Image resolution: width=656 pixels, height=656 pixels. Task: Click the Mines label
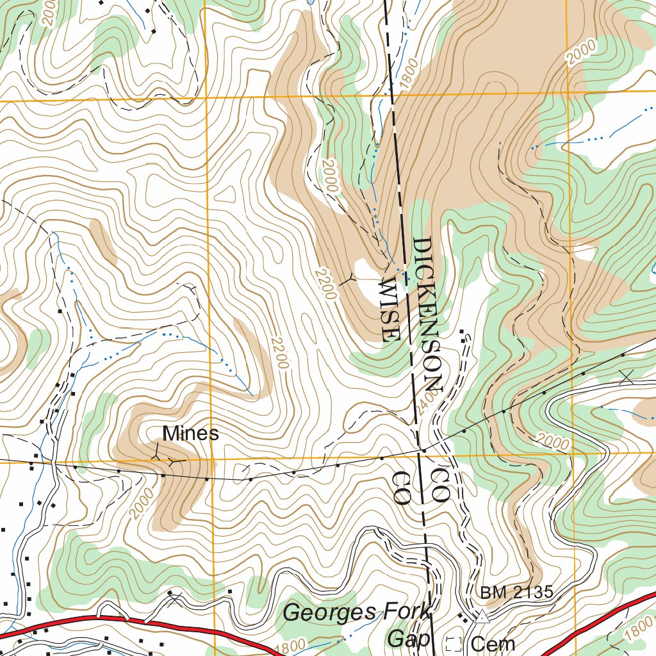click(190, 434)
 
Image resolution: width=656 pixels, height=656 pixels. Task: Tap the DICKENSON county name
click(427, 314)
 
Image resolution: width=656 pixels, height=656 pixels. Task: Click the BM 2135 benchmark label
click(516, 593)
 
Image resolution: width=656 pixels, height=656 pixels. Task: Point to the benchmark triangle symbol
click(481, 617)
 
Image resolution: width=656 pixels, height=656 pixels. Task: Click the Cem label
click(493, 643)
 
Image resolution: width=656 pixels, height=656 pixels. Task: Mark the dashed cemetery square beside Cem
click(454, 644)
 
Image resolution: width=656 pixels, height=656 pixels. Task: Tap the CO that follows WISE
click(401, 488)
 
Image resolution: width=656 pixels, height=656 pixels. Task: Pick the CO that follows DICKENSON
click(441, 484)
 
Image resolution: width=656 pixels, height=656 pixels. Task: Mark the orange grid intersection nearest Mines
click(211, 460)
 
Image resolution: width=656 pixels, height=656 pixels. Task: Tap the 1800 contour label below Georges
click(291, 646)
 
